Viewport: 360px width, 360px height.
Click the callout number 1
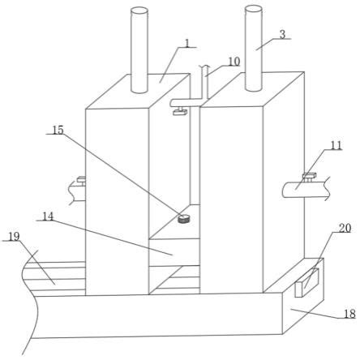pyautogui.click(x=187, y=42)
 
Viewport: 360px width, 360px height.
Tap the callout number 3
pyautogui.click(x=282, y=35)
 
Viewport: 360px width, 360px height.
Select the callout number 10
pyautogui.click(x=234, y=62)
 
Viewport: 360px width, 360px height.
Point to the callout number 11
pyautogui.click(x=336, y=145)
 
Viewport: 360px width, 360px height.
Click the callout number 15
pyautogui.click(x=58, y=130)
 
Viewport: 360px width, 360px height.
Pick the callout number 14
pyautogui.click(x=48, y=216)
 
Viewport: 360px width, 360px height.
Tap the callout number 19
pyautogui.click(x=14, y=237)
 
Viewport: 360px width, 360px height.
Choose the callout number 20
pyautogui.click(x=345, y=228)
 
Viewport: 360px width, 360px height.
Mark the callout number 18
pyautogui.click(x=349, y=314)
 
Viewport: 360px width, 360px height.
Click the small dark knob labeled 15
pyautogui.click(x=184, y=218)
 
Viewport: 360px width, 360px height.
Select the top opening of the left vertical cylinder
pyautogui.click(x=139, y=11)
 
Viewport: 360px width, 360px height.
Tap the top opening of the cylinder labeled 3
pyautogui.click(x=253, y=9)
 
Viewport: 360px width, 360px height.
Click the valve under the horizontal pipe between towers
pyautogui.click(x=180, y=111)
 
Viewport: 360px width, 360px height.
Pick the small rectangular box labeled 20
pyautogui.click(x=306, y=283)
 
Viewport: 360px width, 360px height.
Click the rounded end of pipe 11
pyautogui.click(x=285, y=190)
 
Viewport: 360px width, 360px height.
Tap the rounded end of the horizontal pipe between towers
pyautogui.click(x=172, y=103)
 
